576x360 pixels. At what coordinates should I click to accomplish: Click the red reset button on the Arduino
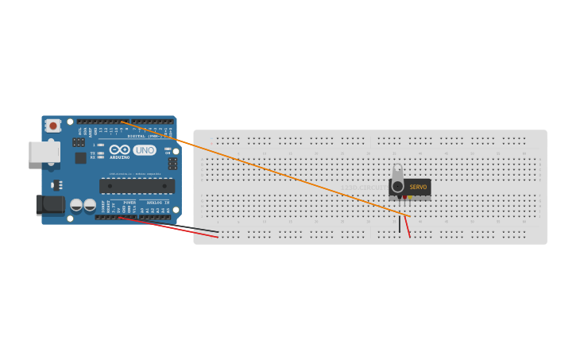(53, 126)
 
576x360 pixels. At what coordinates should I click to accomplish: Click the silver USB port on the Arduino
(44, 152)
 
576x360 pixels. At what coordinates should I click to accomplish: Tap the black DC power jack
(51, 205)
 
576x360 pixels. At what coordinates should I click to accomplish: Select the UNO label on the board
(145, 150)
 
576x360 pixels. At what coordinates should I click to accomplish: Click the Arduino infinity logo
(120, 149)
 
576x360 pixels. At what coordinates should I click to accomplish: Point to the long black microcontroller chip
(137, 186)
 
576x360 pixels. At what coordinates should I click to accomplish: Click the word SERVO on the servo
(418, 188)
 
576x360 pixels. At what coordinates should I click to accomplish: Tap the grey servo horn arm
(397, 177)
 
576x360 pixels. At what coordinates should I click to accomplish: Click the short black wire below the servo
(400, 225)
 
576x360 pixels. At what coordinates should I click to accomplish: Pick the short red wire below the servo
(408, 226)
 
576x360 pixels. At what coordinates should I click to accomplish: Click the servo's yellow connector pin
(411, 197)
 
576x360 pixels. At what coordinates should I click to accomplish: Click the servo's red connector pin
(404, 197)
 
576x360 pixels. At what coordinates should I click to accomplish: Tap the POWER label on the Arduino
(129, 202)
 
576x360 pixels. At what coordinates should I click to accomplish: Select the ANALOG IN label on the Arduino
(157, 202)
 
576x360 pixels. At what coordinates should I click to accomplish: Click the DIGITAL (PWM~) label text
(143, 136)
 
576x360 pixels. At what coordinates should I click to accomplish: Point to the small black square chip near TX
(80, 157)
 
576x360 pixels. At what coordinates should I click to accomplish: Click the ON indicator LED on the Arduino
(167, 149)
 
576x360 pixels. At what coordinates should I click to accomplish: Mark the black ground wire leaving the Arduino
(191, 229)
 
